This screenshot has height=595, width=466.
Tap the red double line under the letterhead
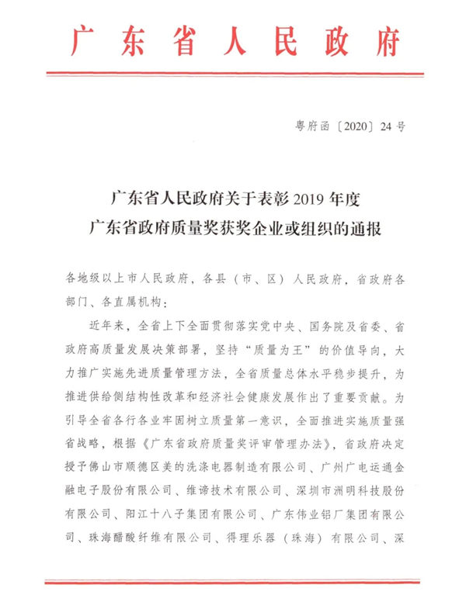tap(234, 74)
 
